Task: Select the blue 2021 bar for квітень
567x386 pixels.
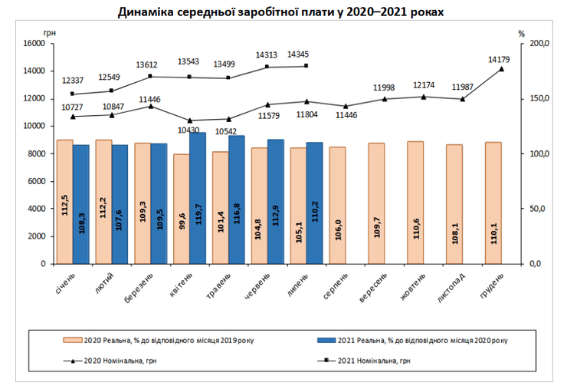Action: point(198,198)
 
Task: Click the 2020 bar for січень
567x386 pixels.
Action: point(64,201)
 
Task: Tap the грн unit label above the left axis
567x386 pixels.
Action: point(50,32)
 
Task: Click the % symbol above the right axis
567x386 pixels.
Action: point(521,34)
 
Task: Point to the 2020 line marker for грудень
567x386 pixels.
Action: point(502,69)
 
